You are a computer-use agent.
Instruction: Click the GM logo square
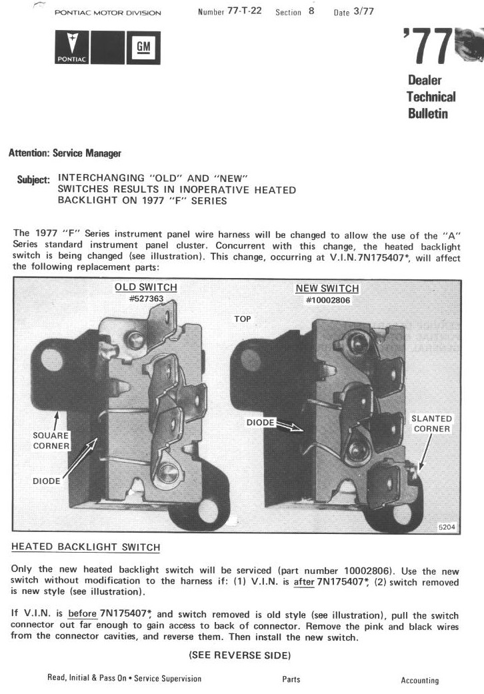[143, 47]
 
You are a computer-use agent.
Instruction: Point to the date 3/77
[363, 13]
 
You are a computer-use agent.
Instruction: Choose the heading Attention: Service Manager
[65, 153]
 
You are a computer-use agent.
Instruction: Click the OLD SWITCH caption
[146, 287]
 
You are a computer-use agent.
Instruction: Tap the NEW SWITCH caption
[327, 289]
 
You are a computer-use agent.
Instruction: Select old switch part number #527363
[146, 299]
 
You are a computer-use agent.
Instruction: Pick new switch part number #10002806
[327, 300]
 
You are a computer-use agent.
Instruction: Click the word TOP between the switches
[243, 319]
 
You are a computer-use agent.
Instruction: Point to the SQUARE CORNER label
[51, 440]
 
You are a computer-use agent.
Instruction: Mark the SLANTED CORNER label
[432, 423]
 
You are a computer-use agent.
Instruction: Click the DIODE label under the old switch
[47, 480]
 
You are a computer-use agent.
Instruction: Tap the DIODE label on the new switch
[261, 423]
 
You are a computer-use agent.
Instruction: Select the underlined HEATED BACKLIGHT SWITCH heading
[86, 547]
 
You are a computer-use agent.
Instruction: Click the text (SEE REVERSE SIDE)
[240, 655]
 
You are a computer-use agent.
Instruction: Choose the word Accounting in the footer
[419, 681]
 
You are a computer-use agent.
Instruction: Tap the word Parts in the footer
[291, 679]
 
